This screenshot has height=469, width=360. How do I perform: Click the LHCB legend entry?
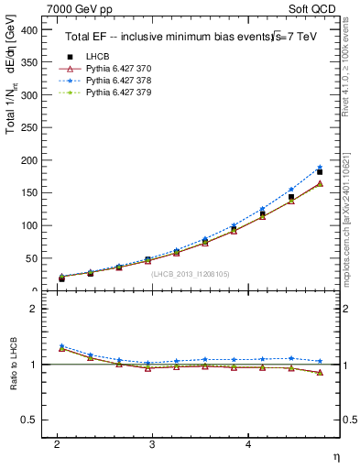(96, 56)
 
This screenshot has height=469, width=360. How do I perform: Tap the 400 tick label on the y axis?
(27, 30)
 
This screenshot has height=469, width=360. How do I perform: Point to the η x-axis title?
(334, 455)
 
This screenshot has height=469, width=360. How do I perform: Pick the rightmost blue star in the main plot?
(320, 168)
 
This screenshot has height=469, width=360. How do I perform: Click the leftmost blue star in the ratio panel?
(61, 346)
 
